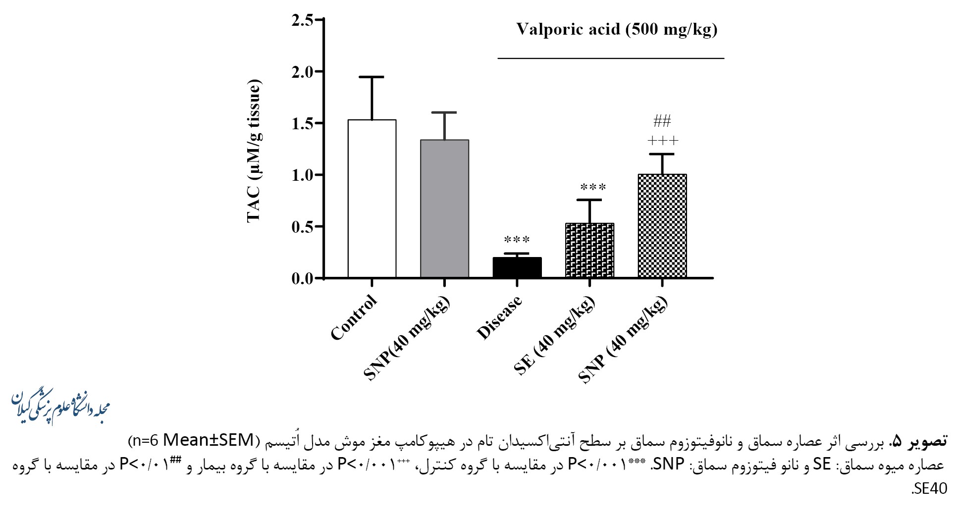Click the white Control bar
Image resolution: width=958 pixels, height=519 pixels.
click(372, 198)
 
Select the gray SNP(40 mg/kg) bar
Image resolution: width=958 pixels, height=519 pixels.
click(444, 208)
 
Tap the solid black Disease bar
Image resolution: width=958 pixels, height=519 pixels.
click(517, 267)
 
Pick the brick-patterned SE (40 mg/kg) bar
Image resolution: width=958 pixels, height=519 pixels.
click(589, 250)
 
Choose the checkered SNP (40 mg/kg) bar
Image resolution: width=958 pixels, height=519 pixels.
click(662, 226)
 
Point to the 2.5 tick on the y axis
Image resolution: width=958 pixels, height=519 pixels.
click(303, 20)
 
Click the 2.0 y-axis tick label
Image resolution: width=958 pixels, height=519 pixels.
click(303, 72)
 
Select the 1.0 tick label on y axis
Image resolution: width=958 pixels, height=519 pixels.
click(303, 175)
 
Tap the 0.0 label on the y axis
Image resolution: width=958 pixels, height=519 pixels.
click(303, 278)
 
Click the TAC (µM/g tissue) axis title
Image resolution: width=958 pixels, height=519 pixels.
click(254, 151)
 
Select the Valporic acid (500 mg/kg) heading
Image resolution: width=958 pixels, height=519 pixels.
click(617, 29)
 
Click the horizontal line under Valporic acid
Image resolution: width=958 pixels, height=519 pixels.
click(611, 58)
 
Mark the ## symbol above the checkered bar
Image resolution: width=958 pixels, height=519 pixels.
click(662, 120)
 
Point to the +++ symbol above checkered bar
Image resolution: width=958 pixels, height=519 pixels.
click(663, 141)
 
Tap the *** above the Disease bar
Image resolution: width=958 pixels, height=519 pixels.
click(517, 240)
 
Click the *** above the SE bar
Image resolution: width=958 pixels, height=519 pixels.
click(593, 187)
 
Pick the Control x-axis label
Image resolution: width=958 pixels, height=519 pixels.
click(354, 318)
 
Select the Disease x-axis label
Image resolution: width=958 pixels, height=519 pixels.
click(499, 318)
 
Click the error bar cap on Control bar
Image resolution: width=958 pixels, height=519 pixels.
click(372, 77)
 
